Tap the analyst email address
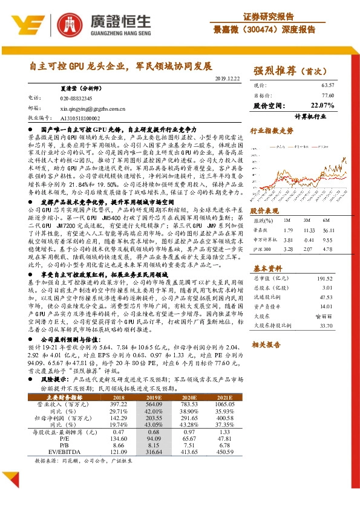tap(93, 109)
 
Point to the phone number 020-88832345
tap(76, 98)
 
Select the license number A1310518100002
tap(82, 119)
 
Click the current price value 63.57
tap(327, 85)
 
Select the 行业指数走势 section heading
tap(272, 130)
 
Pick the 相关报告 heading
tap(264, 344)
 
